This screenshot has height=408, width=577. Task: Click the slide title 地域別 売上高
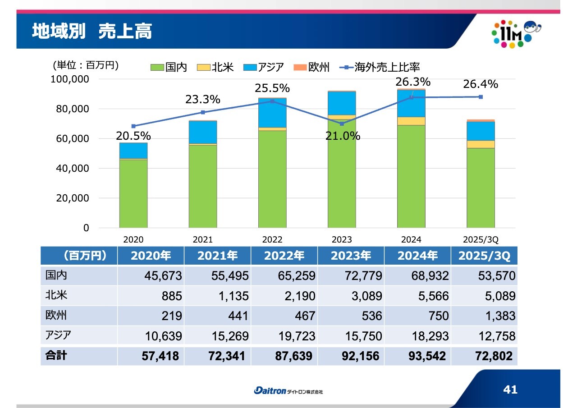tap(92, 32)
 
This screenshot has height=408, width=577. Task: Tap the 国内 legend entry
tap(169, 68)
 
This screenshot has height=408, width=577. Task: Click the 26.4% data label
tap(481, 84)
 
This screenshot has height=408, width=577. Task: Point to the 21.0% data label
tap(343, 136)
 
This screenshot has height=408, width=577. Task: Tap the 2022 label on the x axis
tap(272, 240)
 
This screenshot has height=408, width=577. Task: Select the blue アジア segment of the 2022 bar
tap(272, 113)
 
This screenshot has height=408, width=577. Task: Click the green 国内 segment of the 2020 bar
tap(133, 194)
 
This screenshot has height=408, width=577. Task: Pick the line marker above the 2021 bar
tap(203, 112)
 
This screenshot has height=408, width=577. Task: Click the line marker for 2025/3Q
tap(481, 97)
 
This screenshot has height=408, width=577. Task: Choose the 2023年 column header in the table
tap(351, 256)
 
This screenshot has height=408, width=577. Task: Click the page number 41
tap(510, 390)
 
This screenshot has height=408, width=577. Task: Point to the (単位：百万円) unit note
tap(86, 66)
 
